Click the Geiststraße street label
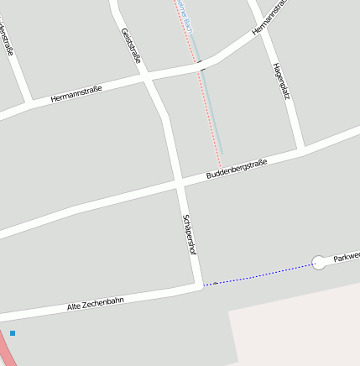point(131,45)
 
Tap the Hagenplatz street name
point(281,82)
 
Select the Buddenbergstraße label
point(237,169)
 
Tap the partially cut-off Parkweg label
point(347,257)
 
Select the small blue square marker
point(13,333)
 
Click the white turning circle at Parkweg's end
point(319,263)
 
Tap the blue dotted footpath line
point(260,274)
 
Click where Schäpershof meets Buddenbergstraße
point(179,181)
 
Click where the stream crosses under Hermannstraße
point(201,63)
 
